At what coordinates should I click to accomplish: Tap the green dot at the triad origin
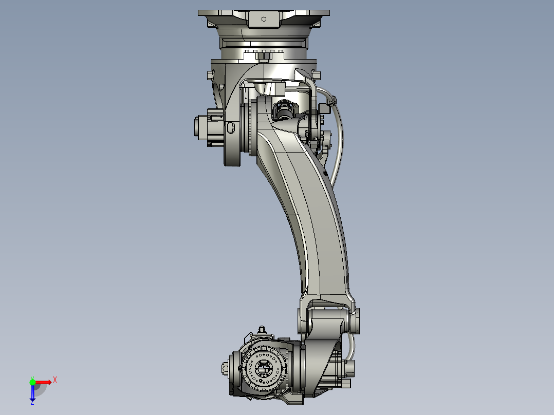(32, 382)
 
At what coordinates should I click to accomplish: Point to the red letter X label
(55, 380)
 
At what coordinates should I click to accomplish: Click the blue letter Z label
(32, 402)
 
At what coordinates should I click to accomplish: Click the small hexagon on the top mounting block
(264, 19)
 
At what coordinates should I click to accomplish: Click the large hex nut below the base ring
(262, 55)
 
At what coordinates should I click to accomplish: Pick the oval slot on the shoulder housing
(231, 127)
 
